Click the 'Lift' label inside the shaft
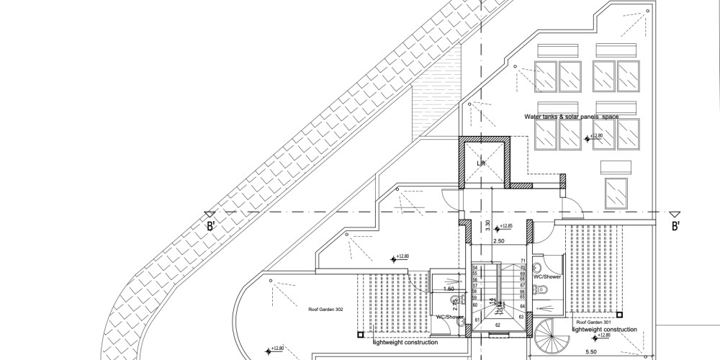tap(482, 163)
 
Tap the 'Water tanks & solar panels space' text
tap(571, 116)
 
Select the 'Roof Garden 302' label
tap(325, 308)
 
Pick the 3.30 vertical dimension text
tap(487, 224)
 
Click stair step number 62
tap(497, 325)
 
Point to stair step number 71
tap(522, 261)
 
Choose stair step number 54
tap(475, 267)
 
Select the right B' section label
tap(676, 226)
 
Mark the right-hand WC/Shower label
tap(547, 276)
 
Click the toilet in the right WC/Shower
tap(546, 289)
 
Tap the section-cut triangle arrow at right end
tap(675, 215)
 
